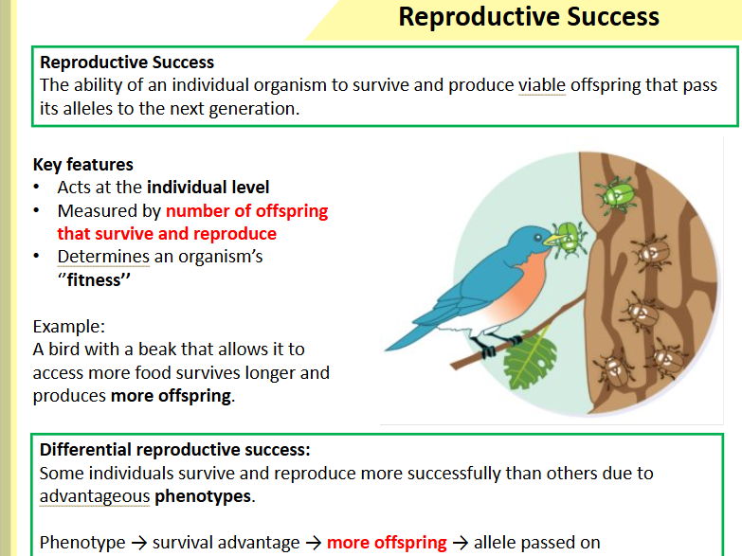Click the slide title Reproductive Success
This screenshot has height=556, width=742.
(528, 17)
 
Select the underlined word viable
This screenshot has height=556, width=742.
(541, 85)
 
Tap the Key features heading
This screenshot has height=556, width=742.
(82, 164)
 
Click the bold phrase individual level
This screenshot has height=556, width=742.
(208, 187)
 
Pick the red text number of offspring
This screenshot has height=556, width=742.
(246, 210)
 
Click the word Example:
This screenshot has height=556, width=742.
(69, 326)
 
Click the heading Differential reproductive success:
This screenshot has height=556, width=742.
(175, 449)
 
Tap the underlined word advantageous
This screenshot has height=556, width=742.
(95, 495)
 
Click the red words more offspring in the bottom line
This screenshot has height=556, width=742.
(387, 543)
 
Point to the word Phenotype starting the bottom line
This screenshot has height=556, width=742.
(83, 543)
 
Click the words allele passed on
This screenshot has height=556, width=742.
(537, 543)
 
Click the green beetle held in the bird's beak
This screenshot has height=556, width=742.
(567, 238)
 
